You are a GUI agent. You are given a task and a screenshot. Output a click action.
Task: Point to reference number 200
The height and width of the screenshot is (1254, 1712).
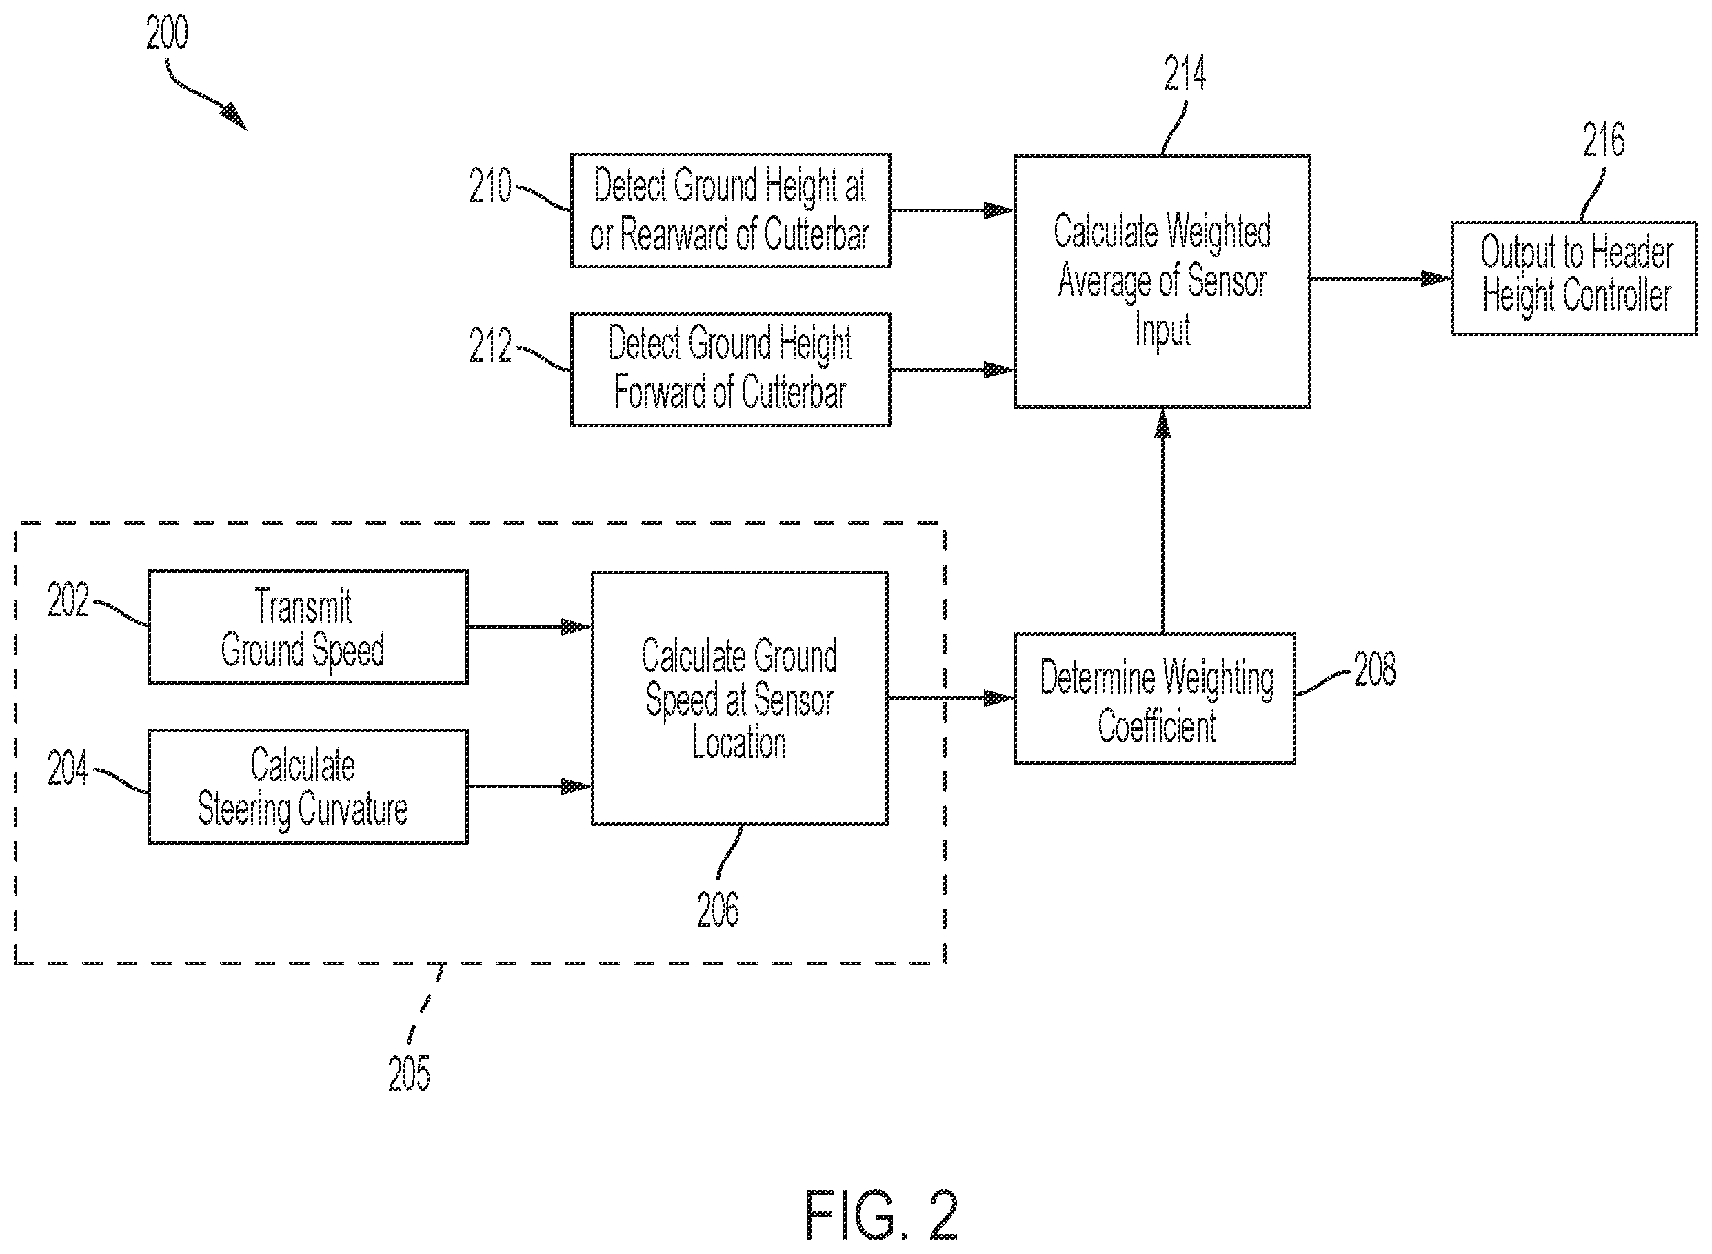[167, 32]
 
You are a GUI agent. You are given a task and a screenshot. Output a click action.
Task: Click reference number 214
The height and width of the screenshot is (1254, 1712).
[1185, 74]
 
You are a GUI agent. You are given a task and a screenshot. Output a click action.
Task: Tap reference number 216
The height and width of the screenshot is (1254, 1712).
[1604, 140]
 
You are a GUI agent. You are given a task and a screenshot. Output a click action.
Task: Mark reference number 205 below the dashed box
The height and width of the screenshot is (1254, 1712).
[409, 1073]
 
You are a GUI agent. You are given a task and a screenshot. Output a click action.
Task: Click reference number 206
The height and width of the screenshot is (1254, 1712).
[718, 909]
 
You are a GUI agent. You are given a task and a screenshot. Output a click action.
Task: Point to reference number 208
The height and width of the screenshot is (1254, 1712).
[1375, 669]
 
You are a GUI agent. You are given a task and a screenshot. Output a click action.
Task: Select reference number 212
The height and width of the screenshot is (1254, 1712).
[490, 345]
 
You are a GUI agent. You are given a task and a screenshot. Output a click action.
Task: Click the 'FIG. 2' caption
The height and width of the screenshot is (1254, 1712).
[880, 1215]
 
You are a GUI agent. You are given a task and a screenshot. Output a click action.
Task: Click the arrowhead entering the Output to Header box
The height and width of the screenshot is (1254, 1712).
[1436, 279]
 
